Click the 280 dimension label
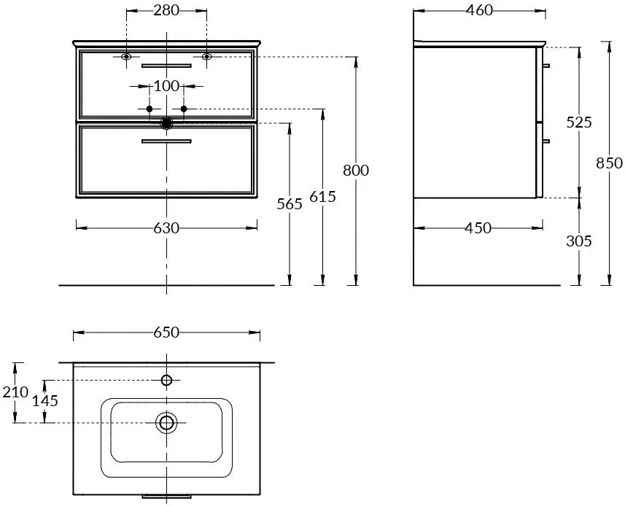(x=166, y=10)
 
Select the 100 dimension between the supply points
(x=166, y=85)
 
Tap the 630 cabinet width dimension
(x=166, y=228)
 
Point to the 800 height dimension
(x=356, y=170)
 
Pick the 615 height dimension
(x=322, y=196)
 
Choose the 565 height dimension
(x=290, y=204)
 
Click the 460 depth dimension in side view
(x=480, y=10)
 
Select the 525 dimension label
(x=579, y=122)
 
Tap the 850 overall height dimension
(x=609, y=163)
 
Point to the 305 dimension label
(x=579, y=241)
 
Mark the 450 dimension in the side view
(x=478, y=228)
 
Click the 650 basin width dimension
(x=166, y=332)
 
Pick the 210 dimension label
(x=15, y=392)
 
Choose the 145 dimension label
(x=45, y=401)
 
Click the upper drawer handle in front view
(x=166, y=66)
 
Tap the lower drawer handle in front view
(x=166, y=141)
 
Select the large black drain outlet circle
(x=166, y=123)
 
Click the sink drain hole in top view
(x=166, y=422)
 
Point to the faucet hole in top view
(x=166, y=380)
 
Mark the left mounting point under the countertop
(x=126, y=57)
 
